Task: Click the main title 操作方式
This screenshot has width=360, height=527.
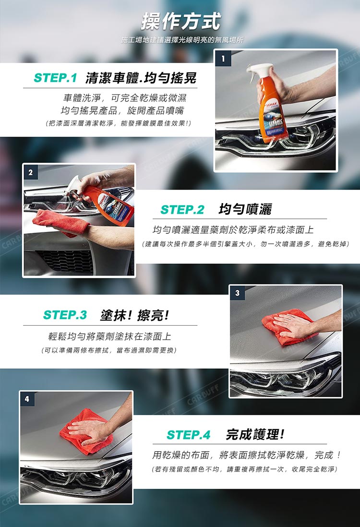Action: (180, 21)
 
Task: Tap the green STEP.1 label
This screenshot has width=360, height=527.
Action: (56, 78)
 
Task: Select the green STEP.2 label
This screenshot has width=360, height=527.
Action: (182, 209)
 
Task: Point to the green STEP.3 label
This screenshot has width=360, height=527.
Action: (65, 315)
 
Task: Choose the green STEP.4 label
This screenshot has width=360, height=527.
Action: (189, 435)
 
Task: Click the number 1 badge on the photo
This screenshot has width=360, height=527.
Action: (223, 58)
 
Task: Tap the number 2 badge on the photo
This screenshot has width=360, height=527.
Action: (31, 172)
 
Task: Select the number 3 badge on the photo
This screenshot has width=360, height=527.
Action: (238, 293)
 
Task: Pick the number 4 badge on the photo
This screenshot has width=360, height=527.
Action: (27, 399)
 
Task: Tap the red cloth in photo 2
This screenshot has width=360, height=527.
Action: (60, 222)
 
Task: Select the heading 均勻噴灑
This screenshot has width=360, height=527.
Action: (245, 209)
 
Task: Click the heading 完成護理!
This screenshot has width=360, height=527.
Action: (255, 435)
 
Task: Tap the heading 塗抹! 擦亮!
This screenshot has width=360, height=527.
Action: (134, 315)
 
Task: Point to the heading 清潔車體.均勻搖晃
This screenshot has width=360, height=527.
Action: (141, 78)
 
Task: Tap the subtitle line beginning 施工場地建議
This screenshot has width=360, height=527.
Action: (182, 40)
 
